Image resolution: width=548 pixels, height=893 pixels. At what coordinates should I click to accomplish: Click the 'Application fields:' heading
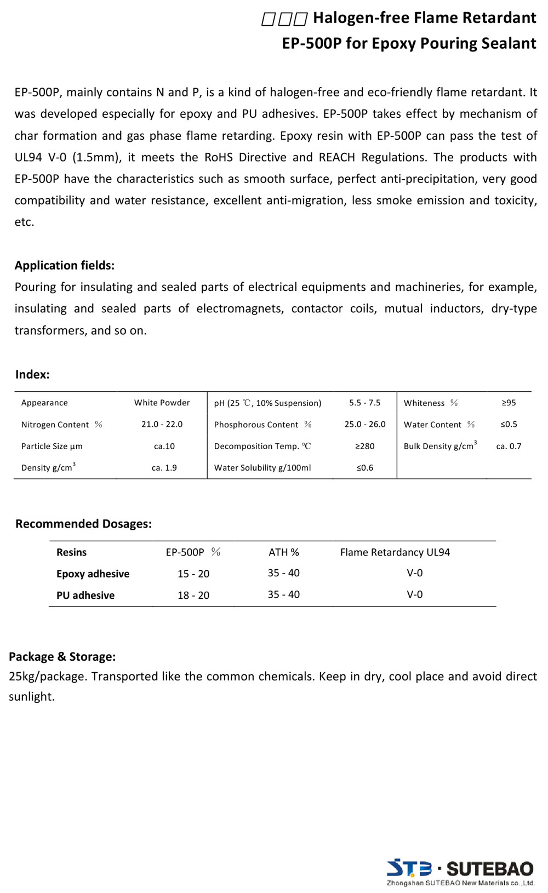point(65,266)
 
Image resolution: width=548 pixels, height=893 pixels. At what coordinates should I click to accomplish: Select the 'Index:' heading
point(32,375)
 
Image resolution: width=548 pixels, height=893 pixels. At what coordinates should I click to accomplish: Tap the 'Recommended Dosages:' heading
point(83,524)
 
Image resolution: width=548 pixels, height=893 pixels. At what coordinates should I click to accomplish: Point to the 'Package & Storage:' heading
point(62,656)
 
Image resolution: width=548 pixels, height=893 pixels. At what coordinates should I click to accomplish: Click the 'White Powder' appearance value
point(162,403)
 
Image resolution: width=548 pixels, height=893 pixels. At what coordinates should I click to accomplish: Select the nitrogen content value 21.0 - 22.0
point(162,425)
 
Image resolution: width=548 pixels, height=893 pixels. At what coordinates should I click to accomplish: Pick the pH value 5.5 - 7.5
point(364,403)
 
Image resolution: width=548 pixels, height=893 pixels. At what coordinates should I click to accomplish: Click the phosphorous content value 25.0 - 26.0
point(365,425)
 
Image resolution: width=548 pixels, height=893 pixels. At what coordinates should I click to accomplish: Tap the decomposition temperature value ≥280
point(364,446)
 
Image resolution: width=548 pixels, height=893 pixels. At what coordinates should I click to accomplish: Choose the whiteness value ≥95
point(509,403)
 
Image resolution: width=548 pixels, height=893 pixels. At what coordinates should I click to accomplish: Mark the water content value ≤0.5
point(509,425)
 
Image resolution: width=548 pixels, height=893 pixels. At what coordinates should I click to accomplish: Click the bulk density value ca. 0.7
point(509,446)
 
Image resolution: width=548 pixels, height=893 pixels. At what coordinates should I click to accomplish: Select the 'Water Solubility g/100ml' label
point(262,468)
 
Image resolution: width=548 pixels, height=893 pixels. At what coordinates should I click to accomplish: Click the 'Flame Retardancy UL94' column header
point(395,552)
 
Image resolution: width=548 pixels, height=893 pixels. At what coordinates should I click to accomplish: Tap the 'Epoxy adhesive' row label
point(93,574)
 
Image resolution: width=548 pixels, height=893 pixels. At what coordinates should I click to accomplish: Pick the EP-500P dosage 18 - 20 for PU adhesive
point(193,596)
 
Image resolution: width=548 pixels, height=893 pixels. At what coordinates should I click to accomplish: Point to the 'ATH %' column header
point(283,552)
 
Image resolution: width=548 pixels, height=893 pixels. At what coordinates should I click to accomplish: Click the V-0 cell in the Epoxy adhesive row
point(414,573)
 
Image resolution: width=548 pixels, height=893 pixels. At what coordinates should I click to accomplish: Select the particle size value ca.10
point(164,446)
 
